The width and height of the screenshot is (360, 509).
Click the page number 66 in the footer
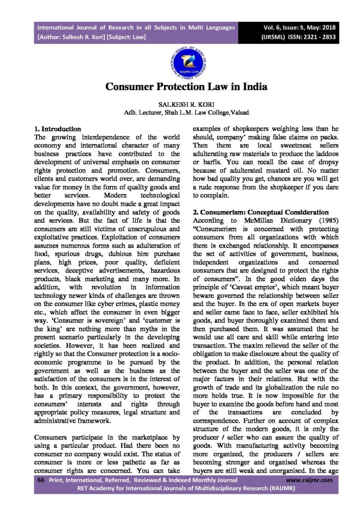click(x=41, y=480)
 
